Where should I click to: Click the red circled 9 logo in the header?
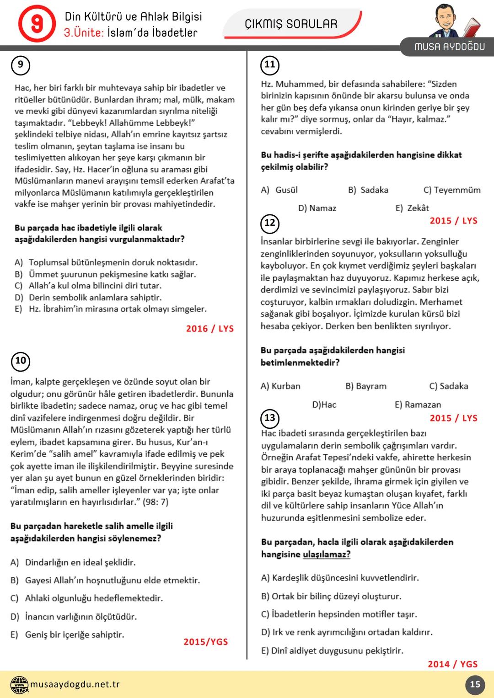coord(37,24)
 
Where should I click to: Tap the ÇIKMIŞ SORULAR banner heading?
coord(291,24)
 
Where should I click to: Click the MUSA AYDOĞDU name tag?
coord(449,47)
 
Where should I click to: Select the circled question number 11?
coord(270,64)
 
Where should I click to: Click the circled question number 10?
coord(21,361)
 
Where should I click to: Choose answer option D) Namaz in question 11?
coord(317,208)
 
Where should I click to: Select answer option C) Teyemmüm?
coord(452,190)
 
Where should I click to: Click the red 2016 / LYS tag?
coord(210,329)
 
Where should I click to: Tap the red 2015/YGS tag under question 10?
coord(205,642)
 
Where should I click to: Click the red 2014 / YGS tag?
coord(452,664)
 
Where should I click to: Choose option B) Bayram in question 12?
coord(366,386)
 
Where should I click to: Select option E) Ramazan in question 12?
coord(418,405)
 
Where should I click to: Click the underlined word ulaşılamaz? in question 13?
coord(327,554)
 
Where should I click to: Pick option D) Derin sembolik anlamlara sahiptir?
coord(88,298)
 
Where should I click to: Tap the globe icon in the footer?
coord(19,684)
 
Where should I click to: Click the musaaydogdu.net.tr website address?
coord(75,684)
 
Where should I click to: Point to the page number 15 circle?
coord(475,684)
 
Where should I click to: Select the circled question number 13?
coord(270,418)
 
